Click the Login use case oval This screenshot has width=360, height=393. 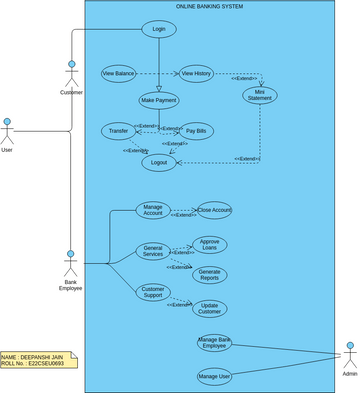point(159,29)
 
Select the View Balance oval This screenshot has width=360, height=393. point(119,73)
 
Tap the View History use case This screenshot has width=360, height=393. point(196,73)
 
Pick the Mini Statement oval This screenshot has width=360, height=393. point(260,95)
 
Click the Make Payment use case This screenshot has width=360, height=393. point(158,100)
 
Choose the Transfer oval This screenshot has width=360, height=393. point(118,131)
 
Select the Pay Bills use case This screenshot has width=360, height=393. point(197,131)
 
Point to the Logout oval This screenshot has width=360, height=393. point(158,162)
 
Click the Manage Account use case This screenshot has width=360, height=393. point(154,210)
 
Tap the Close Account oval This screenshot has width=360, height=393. point(214,210)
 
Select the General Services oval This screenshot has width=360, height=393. point(154,251)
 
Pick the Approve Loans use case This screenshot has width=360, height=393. point(210,244)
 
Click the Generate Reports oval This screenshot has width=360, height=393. point(210,274)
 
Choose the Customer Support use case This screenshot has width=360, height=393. point(153,292)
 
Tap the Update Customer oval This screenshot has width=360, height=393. point(210,307)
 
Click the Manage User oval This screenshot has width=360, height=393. point(215,376)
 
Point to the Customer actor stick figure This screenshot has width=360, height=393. point(71,75)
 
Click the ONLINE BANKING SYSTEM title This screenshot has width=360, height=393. point(209,7)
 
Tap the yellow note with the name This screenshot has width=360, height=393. point(38,359)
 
